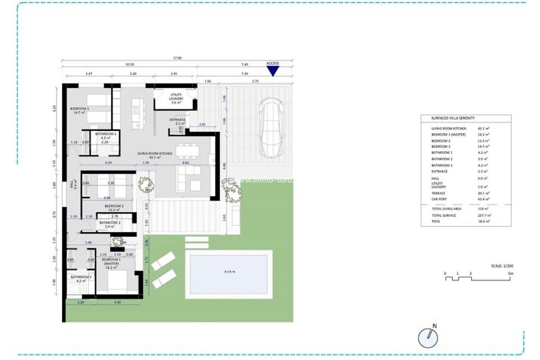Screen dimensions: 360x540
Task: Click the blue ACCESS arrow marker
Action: (x=272, y=71)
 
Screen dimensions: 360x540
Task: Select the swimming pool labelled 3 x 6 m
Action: (x=230, y=272)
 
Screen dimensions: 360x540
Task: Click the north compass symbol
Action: (x=428, y=336)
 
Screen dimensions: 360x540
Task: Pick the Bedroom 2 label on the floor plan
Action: (x=113, y=208)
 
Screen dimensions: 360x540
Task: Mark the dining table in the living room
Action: (x=185, y=149)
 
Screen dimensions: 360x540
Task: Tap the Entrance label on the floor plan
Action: (x=177, y=121)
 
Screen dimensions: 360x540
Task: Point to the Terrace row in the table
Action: (x=439, y=193)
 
